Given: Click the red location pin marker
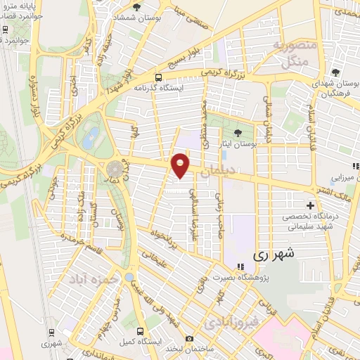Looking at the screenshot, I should [x=181, y=165].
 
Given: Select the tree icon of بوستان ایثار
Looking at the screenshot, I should [x=237, y=131].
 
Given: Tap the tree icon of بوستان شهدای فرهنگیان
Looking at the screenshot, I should [x=336, y=72].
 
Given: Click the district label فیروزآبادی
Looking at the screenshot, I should [x=231, y=322].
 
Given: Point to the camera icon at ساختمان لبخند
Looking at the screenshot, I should [x=188, y=339].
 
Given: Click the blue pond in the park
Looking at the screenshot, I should [x=89, y=139].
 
